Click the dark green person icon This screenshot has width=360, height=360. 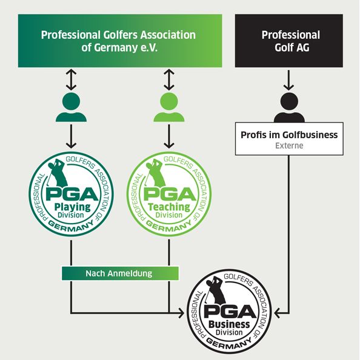(71, 107)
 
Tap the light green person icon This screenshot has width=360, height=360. (169, 107)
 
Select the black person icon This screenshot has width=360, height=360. (289, 107)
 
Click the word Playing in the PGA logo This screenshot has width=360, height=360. (73, 207)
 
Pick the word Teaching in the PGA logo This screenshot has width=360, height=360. (169, 207)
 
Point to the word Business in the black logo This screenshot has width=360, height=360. (229, 324)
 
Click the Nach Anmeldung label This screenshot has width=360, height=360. (119, 273)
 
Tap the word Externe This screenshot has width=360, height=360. (289, 145)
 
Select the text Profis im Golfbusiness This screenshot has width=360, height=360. (289, 135)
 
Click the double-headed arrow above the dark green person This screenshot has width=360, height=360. (71, 79)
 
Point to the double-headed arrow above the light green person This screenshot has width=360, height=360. (169, 79)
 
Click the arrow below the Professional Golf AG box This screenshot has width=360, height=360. (288, 80)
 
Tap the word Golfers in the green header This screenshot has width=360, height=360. (121, 35)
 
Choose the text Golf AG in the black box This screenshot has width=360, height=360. (292, 47)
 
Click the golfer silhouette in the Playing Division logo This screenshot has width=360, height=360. (57, 173)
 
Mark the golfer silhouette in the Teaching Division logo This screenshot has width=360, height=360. (155, 173)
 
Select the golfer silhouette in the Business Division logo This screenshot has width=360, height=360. (215, 290)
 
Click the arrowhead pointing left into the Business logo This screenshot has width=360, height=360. (278, 313)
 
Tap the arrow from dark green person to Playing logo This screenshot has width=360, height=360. (71, 136)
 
